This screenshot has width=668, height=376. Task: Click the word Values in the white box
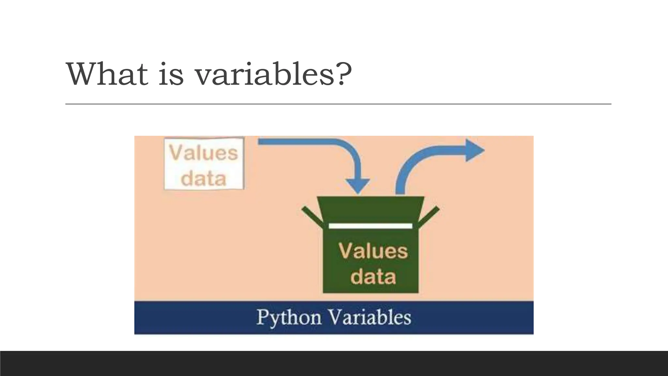(x=204, y=153)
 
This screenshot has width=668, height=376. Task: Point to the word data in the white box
(x=204, y=178)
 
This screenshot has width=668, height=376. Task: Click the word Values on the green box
(x=373, y=251)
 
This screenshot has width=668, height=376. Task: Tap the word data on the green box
(x=373, y=276)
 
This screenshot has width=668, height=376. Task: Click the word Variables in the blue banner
(x=369, y=317)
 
